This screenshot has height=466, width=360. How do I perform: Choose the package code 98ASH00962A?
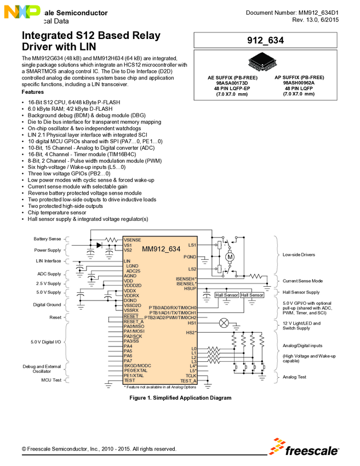[299, 83]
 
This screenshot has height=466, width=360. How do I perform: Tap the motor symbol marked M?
[230, 257]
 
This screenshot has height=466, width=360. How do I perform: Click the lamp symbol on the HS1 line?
[224, 323]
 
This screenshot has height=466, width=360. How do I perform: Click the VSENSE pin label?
[133, 240]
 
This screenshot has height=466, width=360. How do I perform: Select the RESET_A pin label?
[134, 322]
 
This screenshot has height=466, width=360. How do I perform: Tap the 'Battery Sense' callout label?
[47, 239]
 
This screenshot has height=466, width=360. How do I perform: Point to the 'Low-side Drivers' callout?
[299, 255]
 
